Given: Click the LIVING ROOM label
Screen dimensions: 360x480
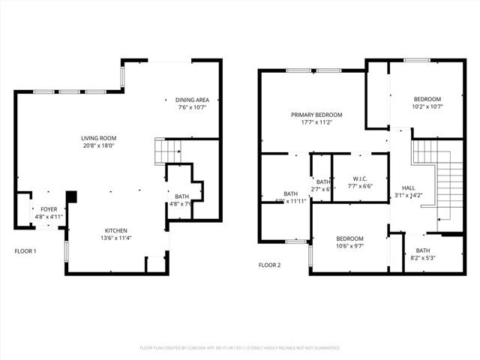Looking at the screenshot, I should click(99, 138).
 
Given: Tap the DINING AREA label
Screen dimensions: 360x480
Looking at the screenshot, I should click(192, 100).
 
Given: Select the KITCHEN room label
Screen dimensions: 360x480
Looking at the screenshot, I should click(115, 230).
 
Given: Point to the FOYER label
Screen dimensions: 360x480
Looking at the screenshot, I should click(48, 209).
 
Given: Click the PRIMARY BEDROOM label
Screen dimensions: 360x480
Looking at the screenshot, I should click(316, 115).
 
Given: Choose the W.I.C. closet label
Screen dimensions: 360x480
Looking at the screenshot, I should click(358, 178).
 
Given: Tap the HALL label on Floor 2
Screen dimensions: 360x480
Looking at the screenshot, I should click(408, 188).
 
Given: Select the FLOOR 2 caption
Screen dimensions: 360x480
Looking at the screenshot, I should click(269, 265).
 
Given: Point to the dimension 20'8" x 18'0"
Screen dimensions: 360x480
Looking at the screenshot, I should click(99, 146).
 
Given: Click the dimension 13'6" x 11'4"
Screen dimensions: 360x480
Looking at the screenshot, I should click(115, 238).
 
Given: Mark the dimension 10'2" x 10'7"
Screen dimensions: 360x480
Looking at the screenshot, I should click(427, 106).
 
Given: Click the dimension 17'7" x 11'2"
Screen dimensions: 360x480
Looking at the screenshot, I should click(316, 122).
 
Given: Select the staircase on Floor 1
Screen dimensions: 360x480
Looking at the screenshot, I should click(164, 151).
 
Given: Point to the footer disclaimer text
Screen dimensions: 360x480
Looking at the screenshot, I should click(240, 348).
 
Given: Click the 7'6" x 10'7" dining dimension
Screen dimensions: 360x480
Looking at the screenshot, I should click(192, 107).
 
